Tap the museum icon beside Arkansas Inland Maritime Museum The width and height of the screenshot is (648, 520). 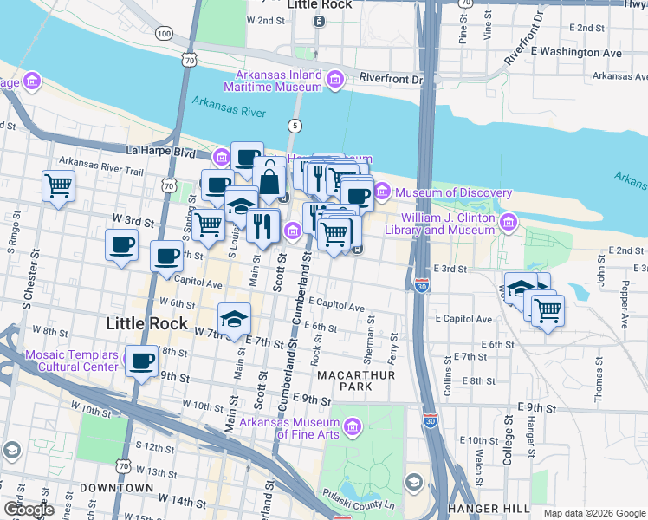(x=335, y=82)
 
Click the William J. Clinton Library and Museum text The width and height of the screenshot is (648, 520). (x=447, y=224)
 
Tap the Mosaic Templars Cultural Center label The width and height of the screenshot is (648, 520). (x=70, y=361)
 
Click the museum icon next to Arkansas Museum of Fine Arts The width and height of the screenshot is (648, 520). (x=352, y=426)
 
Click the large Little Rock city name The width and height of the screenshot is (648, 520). (x=146, y=323)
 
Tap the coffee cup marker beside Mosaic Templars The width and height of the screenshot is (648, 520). (x=141, y=361)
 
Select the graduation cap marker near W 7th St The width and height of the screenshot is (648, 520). (x=233, y=319)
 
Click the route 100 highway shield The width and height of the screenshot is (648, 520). (x=165, y=33)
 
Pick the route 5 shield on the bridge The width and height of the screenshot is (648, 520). (x=295, y=126)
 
